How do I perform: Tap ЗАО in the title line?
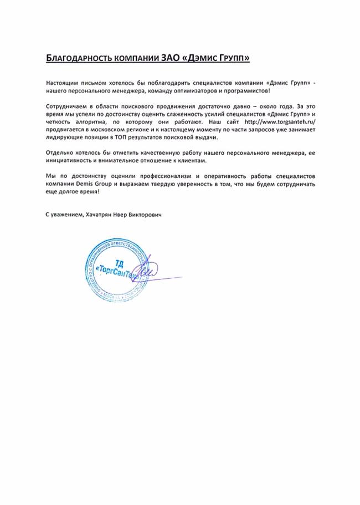pyautogui.click(x=170, y=58)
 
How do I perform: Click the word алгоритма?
pyautogui.click(x=90, y=121)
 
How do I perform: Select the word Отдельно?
pyautogui.click(x=59, y=152)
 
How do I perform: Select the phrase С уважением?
pyautogui.click(x=61, y=213)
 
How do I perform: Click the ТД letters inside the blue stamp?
pyautogui.click(x=118, y=261)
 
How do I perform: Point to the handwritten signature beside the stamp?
pyautogui.click(x=150, y=272)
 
